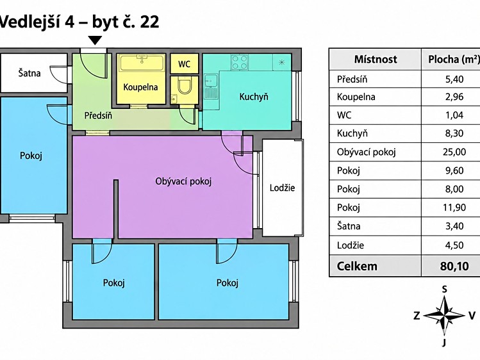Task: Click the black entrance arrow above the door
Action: tap(95, 40)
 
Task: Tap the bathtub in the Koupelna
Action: tap(142, 63)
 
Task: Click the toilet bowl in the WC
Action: tap(185, 85)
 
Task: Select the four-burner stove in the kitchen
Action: tap(240, 62)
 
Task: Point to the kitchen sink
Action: tap(211, 86)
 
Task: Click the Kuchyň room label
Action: tap(254, 97)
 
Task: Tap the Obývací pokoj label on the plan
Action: tap(183, 181)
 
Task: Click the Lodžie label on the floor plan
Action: tap(282, 188)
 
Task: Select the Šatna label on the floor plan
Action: tap(29, 73)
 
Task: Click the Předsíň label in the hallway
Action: tap(98, 115)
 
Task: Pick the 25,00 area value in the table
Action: tap(454, 152)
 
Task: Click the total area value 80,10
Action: tap(454, 266)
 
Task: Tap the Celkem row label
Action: tap(357, 266)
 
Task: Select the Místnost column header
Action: tap(376, 59)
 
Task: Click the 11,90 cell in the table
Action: tap(454, 208)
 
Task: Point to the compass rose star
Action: tap(445, 315)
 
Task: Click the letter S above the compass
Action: tap(445, 289)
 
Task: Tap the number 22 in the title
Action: tap(150, 22)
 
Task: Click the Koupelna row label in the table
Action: tap(356, 97)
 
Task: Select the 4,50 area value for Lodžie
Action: tap(454, 245)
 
